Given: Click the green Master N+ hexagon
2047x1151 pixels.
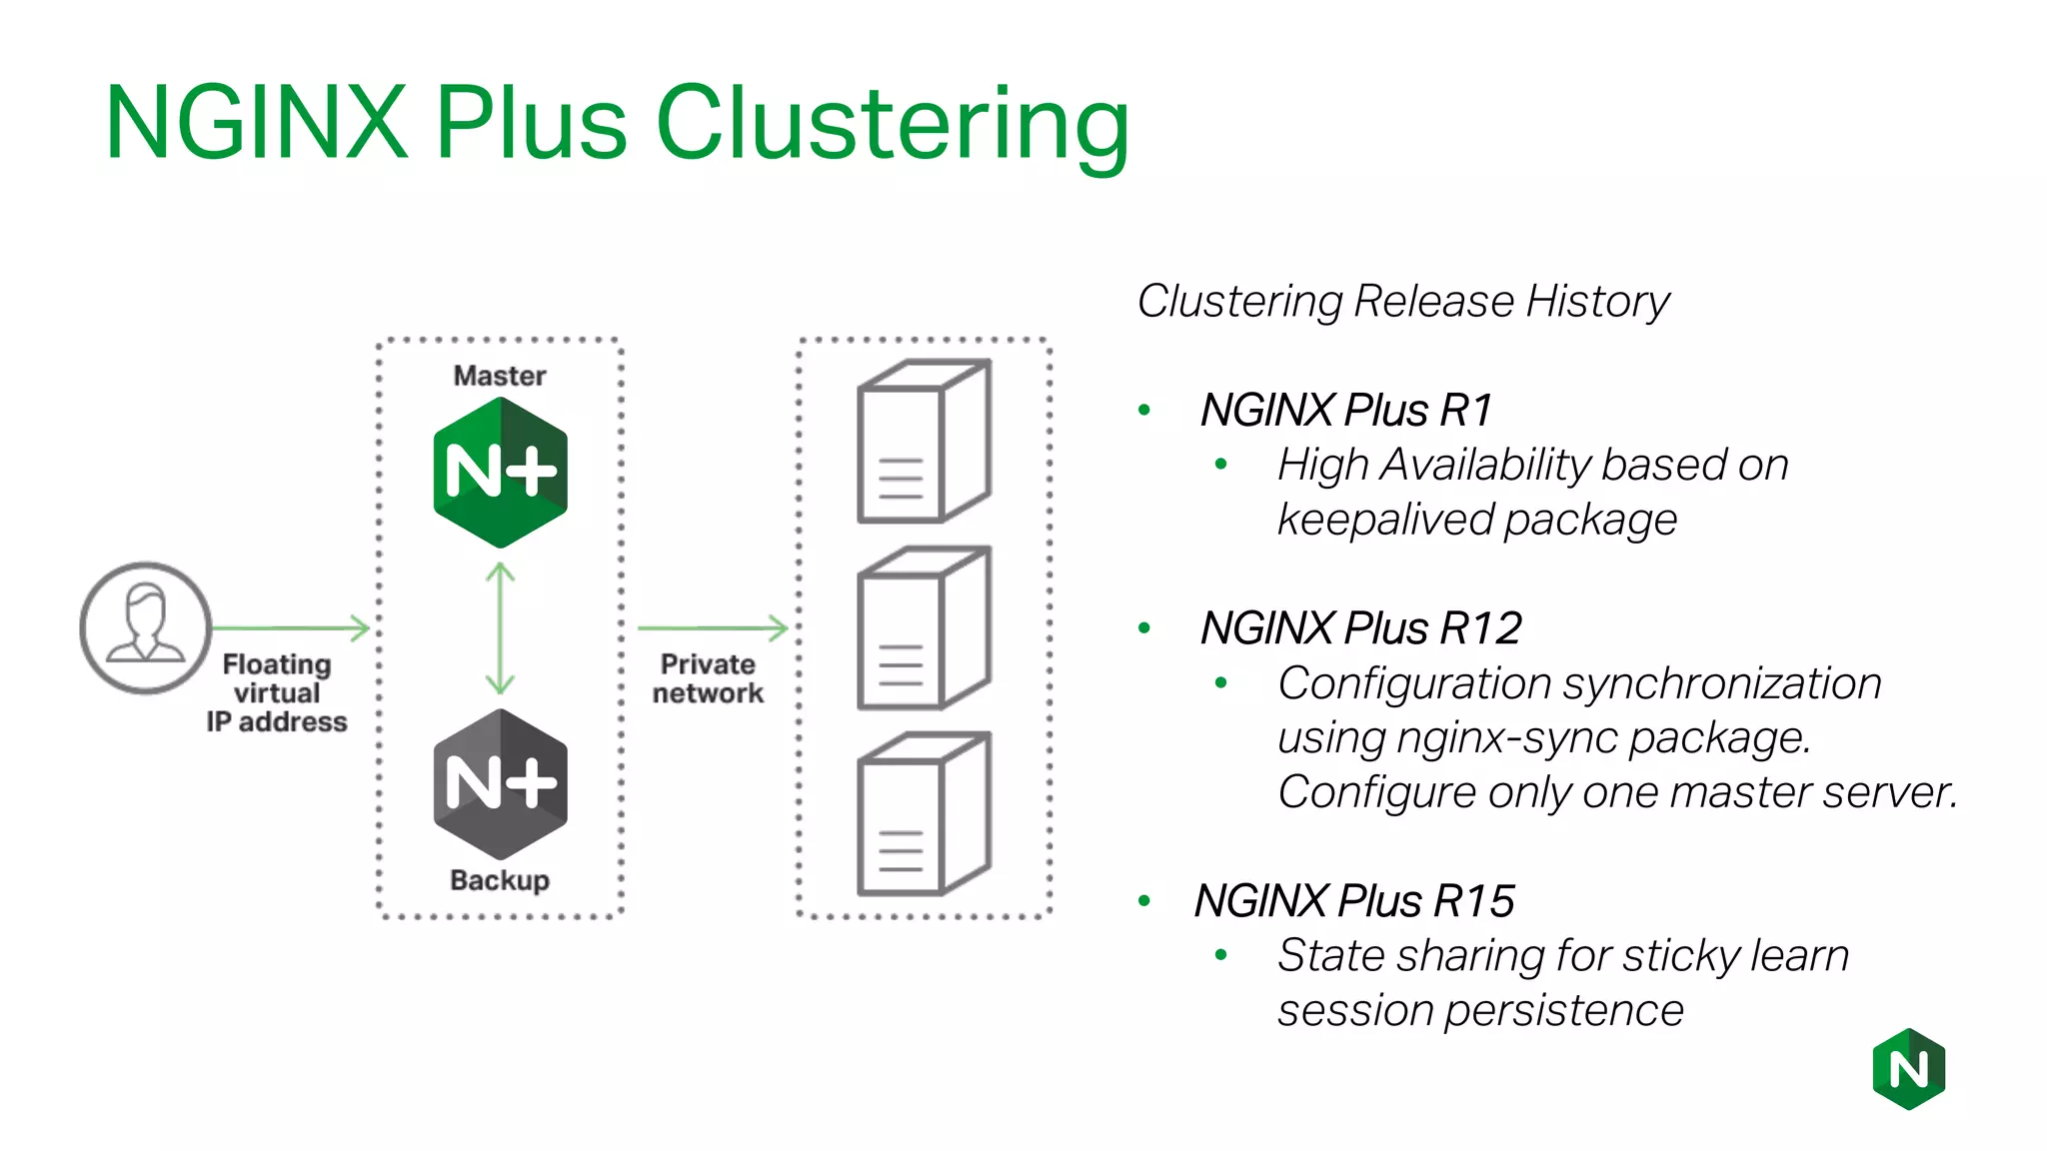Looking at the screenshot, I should point(500,472).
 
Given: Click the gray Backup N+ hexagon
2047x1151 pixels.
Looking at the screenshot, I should point(500,783).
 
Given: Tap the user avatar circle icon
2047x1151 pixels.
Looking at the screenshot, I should point(146,627).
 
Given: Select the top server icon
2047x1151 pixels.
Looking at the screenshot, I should point(924,441).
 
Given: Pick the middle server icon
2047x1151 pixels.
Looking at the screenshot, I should point(924,627).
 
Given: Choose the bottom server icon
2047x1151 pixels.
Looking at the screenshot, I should point(924,813).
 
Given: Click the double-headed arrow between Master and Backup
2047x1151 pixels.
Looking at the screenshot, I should point(500,627).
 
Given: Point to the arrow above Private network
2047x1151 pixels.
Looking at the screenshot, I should point(712,627).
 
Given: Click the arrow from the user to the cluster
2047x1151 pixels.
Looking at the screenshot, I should point(290,627).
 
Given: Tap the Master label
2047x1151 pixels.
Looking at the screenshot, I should point(500,376).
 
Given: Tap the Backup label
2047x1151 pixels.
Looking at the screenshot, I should point(500,880).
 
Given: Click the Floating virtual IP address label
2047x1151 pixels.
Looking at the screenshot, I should point(277,692).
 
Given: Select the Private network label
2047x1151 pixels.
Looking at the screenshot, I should point(708,678).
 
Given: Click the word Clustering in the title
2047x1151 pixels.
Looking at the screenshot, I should point(892,124).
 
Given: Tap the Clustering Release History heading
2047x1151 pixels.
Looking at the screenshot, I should point(1402,302).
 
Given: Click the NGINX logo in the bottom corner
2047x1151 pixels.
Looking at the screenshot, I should point(1908,1069).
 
